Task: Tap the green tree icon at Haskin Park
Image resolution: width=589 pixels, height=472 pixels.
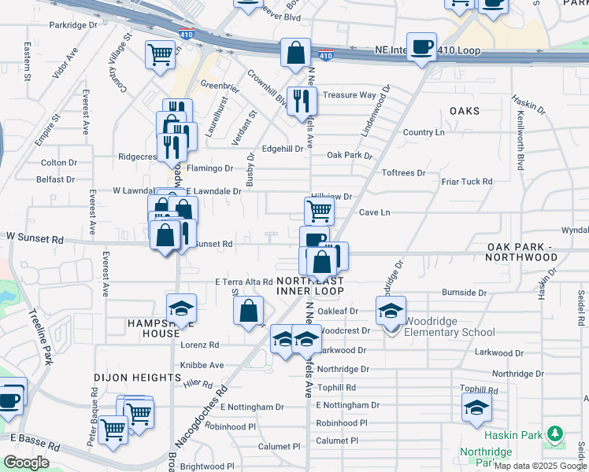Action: [555, 433]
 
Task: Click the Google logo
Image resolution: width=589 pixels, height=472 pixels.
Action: [26, 463]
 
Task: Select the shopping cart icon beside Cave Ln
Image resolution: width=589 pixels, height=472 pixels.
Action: [319, 210]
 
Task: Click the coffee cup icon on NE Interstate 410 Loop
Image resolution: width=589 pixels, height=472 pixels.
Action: [421, 46]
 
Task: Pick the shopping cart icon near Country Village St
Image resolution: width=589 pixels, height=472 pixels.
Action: [160, 55]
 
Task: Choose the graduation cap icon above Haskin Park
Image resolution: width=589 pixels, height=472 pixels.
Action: [476, 407]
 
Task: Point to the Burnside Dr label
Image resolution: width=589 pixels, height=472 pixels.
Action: [464, 292]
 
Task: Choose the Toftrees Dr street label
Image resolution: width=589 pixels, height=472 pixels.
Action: [403, 172]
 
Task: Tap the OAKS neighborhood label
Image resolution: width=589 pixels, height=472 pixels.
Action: [465, 111]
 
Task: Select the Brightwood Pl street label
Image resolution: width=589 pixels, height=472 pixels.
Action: [207, 466]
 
